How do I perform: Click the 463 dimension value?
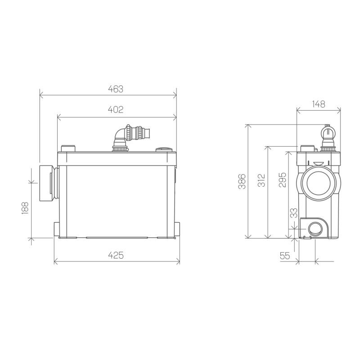[116, 89]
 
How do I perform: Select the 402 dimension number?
[116, 110]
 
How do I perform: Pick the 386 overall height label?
[242, 181]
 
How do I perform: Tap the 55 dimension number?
[284, 256]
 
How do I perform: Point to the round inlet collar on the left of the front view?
[48, 183]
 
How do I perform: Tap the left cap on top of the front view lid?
[68, 148]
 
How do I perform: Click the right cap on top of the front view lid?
[162, 149]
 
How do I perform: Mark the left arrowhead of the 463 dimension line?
[42, 95]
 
